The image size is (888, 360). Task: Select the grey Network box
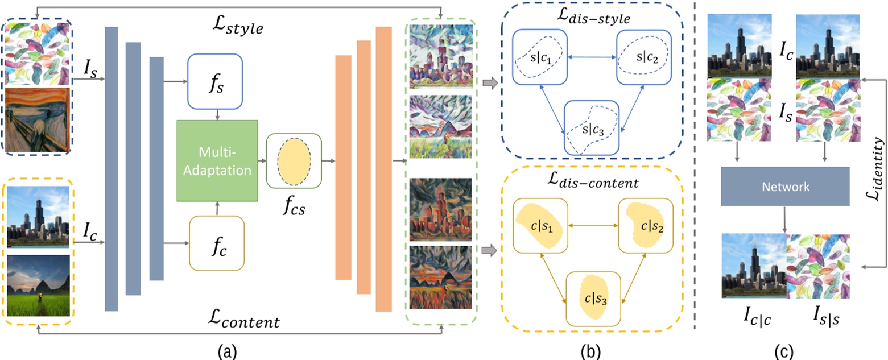pos(785,186)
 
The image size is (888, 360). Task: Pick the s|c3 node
pos(592,129)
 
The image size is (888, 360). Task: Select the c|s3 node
pos(592,298)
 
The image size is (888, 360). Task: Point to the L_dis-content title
pos(592,184)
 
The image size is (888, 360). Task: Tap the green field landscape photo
pos(39,285)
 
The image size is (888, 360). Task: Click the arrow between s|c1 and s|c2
pos(592,56)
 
